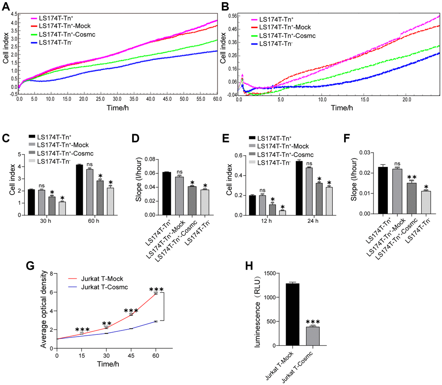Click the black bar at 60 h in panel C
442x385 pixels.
click(79, 189)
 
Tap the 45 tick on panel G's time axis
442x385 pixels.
click(130, 355)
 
